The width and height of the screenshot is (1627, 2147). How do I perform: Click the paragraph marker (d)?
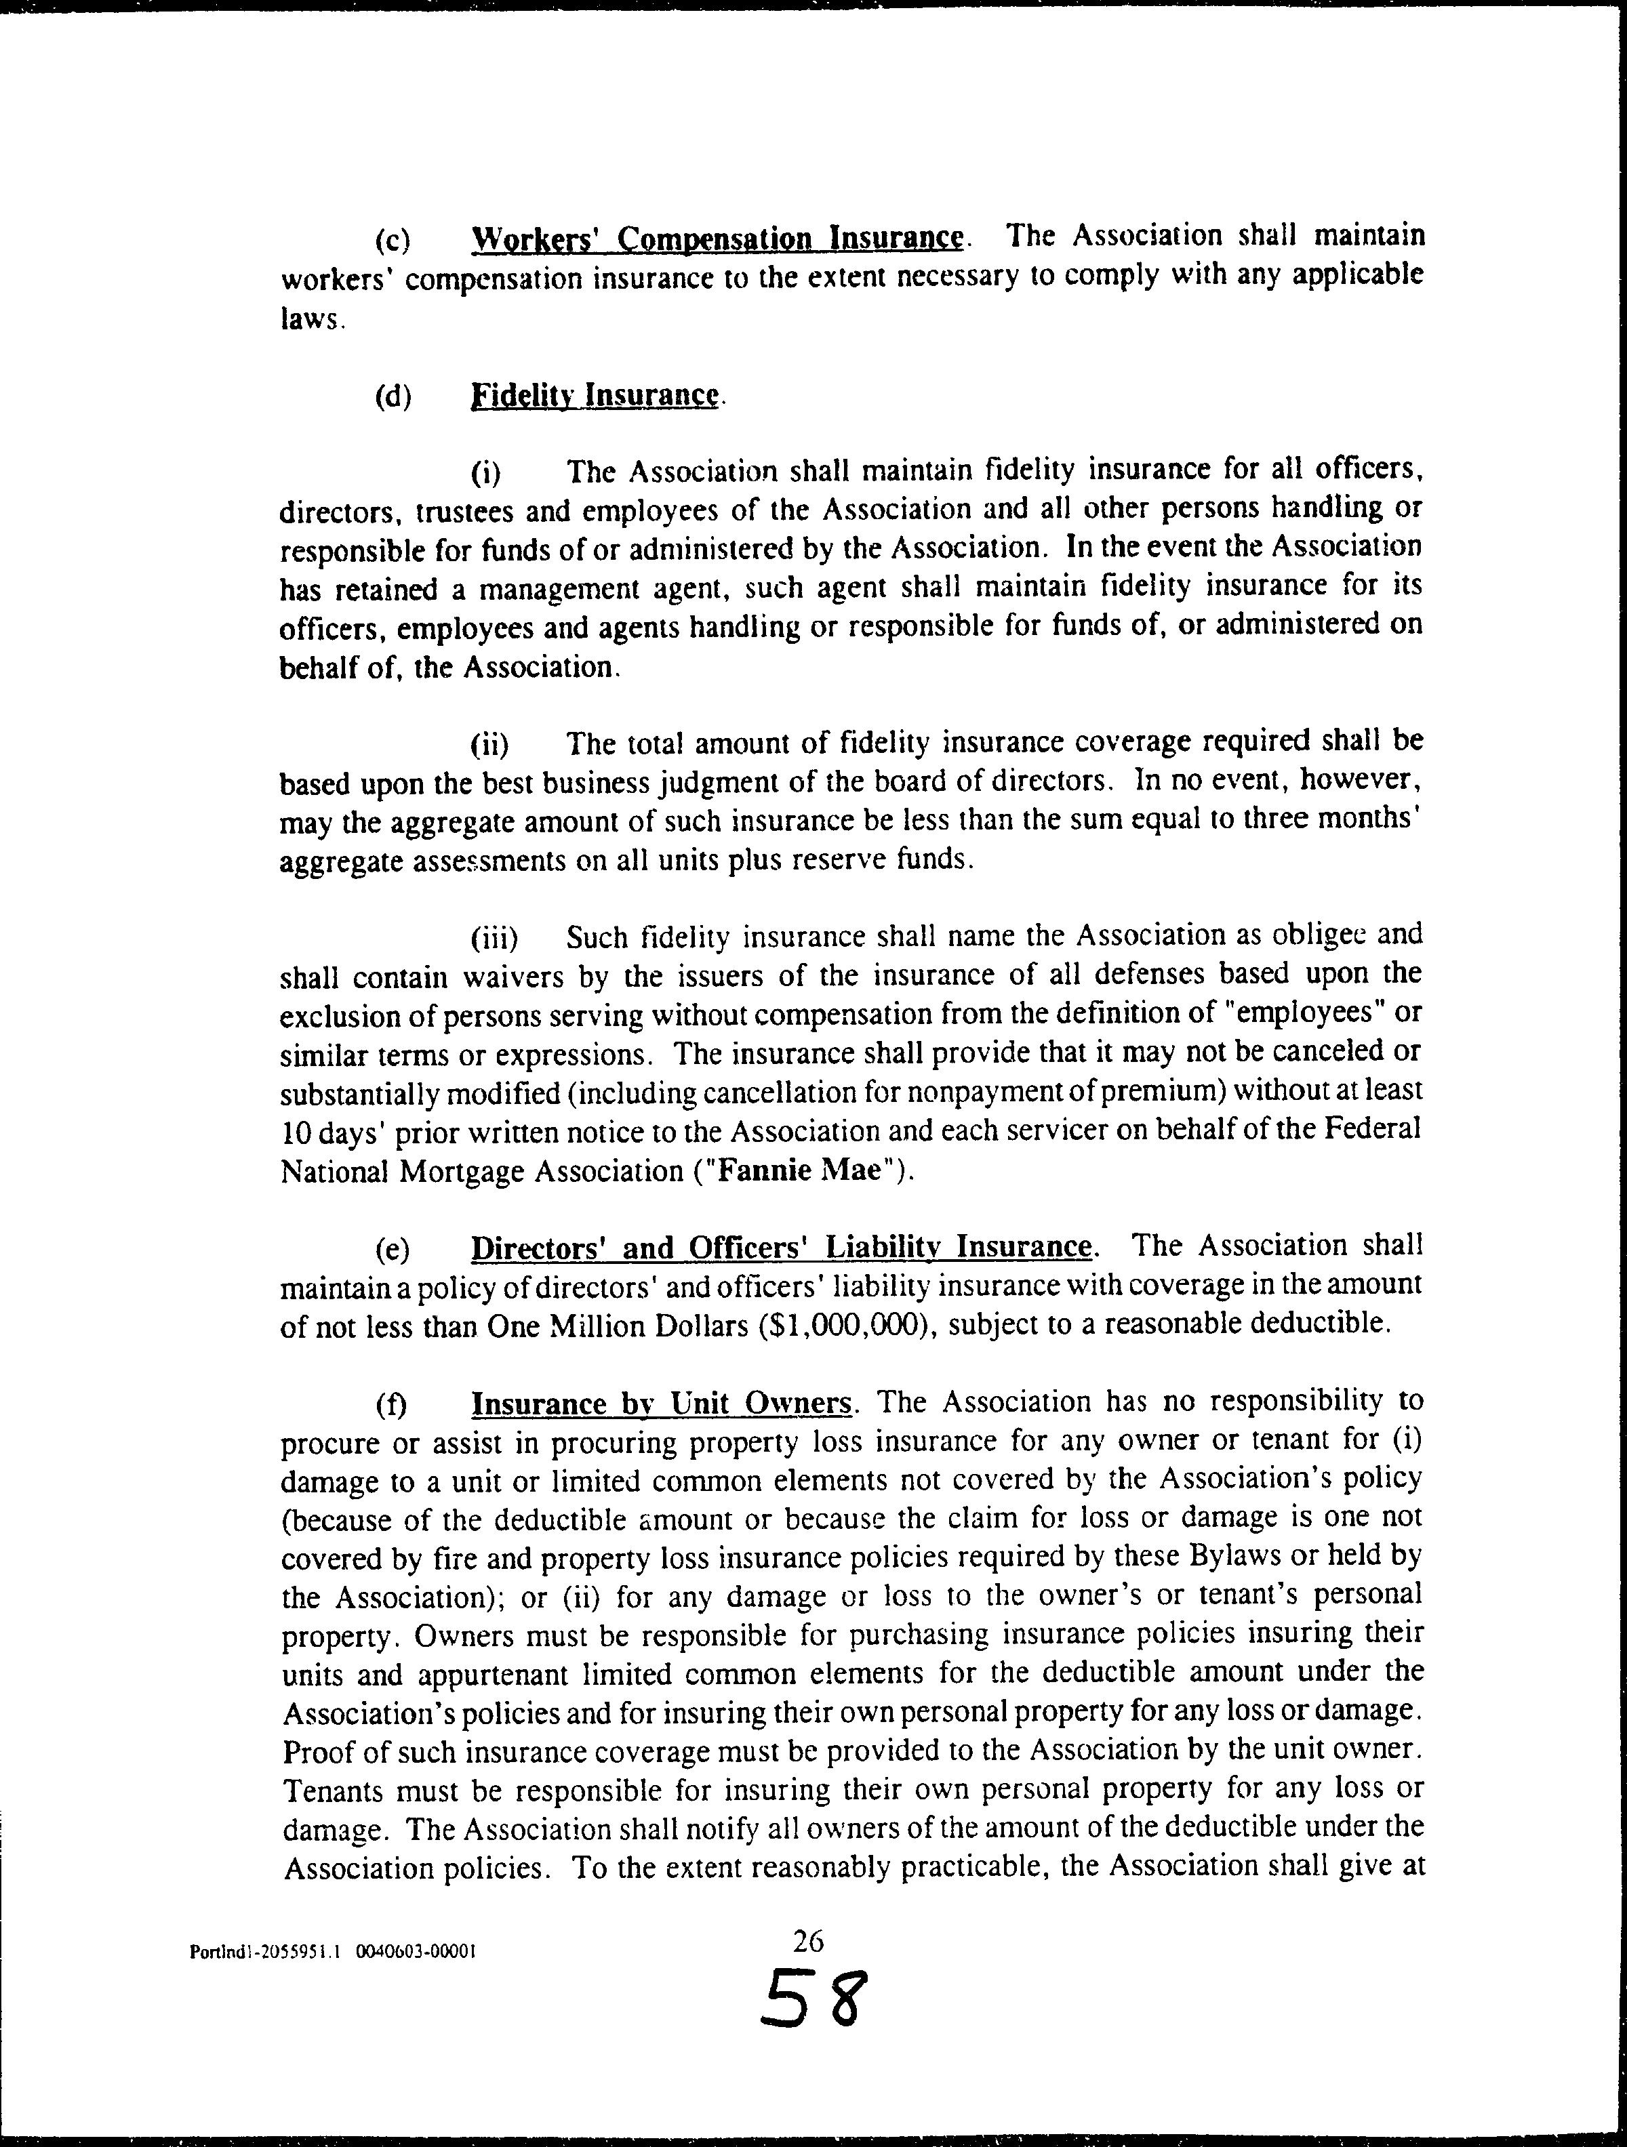coord(393,398)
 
